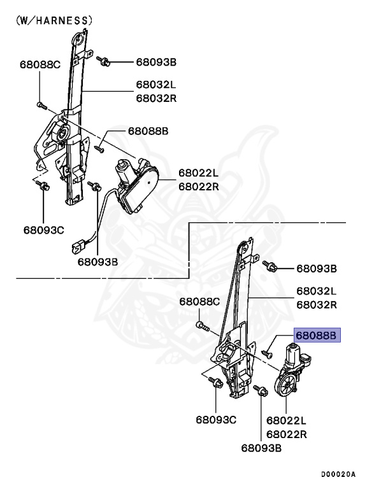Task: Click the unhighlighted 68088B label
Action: click(x=148, y=131)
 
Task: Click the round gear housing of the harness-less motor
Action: click(x=285, y=385)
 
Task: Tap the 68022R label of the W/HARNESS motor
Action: click(x=198, y=187)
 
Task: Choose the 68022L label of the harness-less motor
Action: click(x=286, y=421)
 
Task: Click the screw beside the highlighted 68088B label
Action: click(x=268, y=352)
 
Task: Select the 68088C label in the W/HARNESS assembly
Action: click(x=40, y=64)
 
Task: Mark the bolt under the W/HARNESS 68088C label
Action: click(x=40, y=103)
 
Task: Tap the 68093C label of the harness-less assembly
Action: click(x=216, y=420)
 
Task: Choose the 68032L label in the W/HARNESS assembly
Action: click(x=155, y=85)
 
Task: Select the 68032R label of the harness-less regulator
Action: click(x=316, y=304)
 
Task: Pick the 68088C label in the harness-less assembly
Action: click(x=199, y=301)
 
